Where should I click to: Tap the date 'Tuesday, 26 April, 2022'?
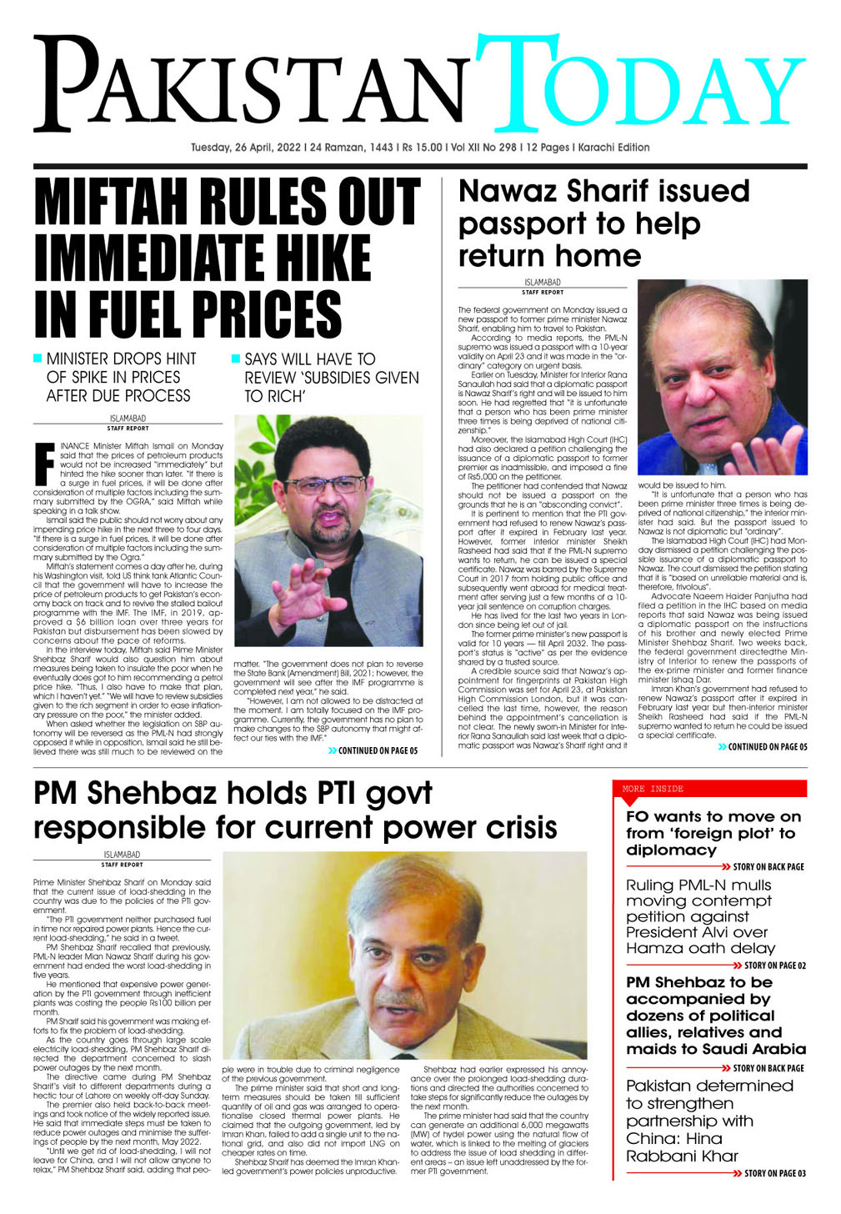(x=245, y=148)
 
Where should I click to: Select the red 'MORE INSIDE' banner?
(x=713, y=789)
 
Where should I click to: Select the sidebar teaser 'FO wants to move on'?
(x=713, y=833)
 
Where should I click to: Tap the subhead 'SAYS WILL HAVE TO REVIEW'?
(x=331, y=378)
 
